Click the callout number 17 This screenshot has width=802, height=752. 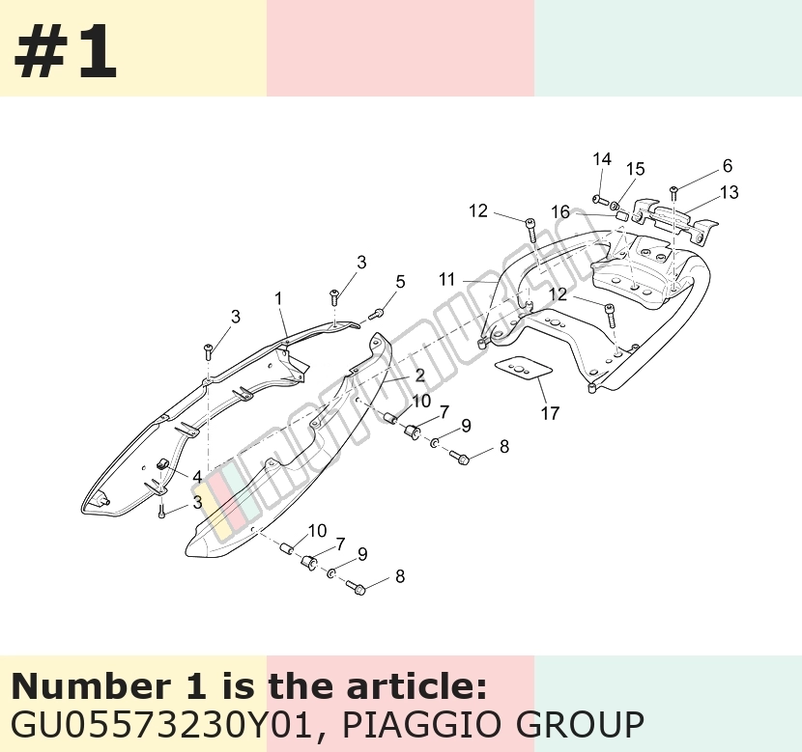[550, 413]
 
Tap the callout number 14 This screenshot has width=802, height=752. [602, 159]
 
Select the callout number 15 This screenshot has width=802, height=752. [636, 169]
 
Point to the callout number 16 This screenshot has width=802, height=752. [560, 211]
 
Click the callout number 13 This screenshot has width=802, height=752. [730, 192]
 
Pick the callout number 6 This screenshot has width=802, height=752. [728, 165]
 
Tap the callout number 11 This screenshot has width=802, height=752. [447, 279]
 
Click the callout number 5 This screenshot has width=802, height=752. [400, 282]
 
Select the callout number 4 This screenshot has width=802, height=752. [197, 477]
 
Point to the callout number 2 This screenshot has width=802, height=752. [420, 376]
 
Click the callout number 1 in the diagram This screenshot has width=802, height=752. [278, 298]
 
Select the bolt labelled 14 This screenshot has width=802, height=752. [599, 199]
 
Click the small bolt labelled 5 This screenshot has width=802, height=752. [376, 313]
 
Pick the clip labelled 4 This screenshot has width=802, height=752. [162, 464]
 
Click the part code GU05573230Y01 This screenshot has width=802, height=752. [161, 724]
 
